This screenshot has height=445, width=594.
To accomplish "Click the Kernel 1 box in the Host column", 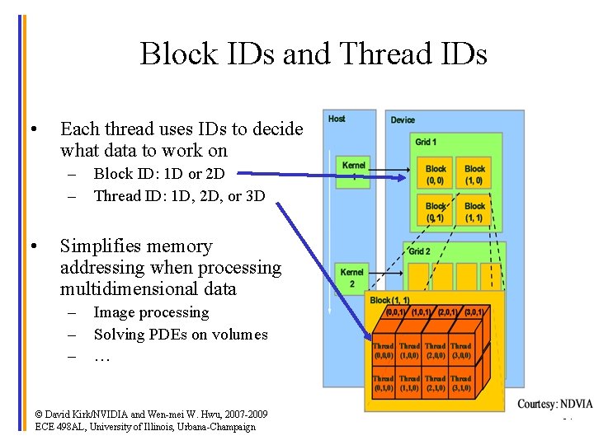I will click(x=353, y=170).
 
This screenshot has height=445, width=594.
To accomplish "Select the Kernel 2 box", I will click(x=352, y=277).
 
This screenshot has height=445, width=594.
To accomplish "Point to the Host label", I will click(x=337, y=119).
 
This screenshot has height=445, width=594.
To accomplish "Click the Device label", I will click(x=403, y=120).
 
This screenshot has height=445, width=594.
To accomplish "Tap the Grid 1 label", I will click(x=426, y=143).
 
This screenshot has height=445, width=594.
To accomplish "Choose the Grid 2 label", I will click(x=419, y=251).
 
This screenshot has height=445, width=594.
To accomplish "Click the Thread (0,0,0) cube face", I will click(x=384, y=352).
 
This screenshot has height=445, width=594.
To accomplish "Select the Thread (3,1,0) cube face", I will click(x=461, y=383).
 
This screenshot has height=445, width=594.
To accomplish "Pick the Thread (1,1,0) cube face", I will click(x=410, y=383).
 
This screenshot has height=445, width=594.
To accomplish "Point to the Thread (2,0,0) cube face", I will click(x=436, y=352).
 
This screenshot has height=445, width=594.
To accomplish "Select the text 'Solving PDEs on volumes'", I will click(x=181, y=335).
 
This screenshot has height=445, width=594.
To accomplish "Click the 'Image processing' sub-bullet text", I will click(x=151, y=312).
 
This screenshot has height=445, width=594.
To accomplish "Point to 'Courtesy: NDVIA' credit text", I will click(x=554, y=405).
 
